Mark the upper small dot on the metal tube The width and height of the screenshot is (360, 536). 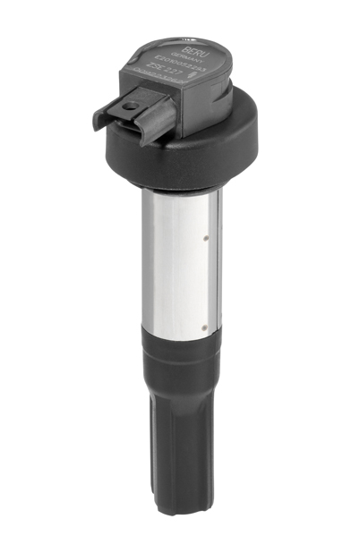point(207,239)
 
